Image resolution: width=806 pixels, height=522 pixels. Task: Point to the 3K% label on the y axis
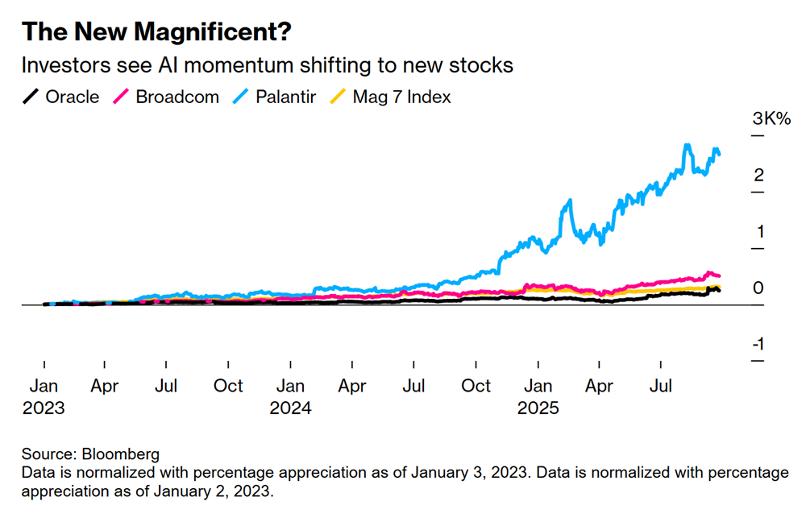click(771, 119)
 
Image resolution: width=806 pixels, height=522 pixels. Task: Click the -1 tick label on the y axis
click(758, 345)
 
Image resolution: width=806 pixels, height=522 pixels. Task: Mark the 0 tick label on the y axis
click(758, 288)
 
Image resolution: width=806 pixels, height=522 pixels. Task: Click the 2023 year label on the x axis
click(44, 408)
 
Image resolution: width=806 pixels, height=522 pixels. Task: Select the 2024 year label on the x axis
click(290, 408)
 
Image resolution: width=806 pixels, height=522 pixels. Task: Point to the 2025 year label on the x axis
click(538, 408)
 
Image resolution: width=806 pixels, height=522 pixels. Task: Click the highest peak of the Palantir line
click(687, 146)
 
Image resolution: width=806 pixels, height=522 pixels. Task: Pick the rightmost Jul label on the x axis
click(662, 387)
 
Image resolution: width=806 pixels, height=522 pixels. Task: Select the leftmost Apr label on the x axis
click(105, 387)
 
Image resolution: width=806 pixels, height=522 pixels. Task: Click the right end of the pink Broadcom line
click(718, 276)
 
